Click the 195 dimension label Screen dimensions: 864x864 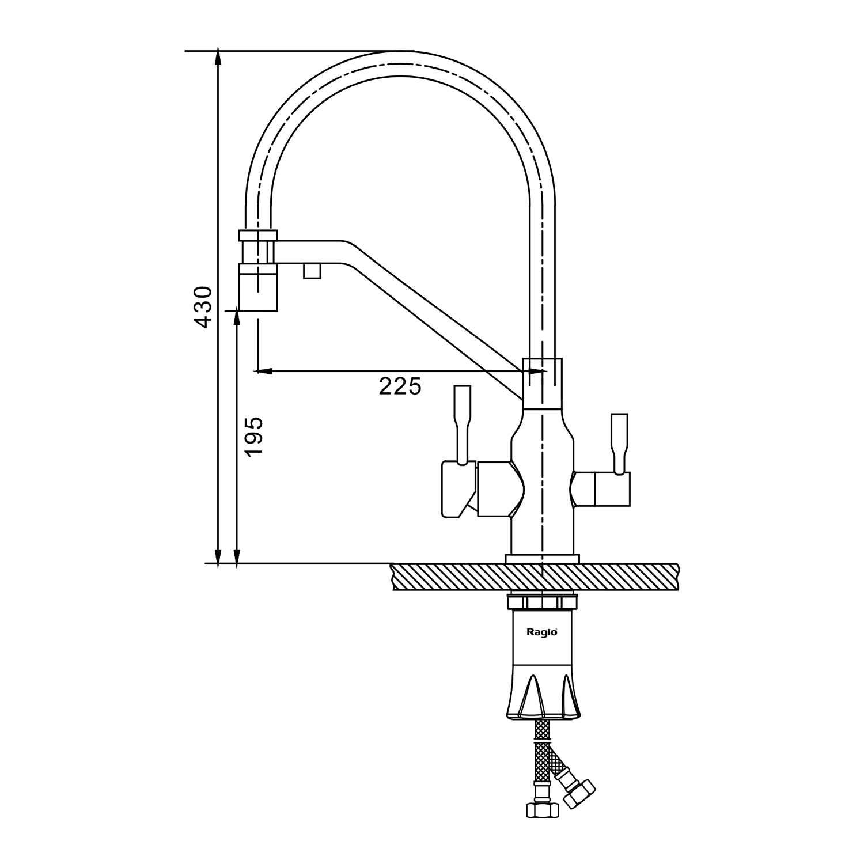[x=253, y=436]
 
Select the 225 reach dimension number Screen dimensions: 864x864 [x=400, y=386]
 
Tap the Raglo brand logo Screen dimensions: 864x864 [x=542, y=631]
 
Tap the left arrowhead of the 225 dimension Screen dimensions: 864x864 [x=263, y=371]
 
